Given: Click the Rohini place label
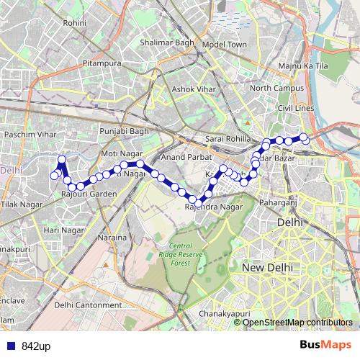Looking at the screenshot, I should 74,23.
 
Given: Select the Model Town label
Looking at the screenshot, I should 224,44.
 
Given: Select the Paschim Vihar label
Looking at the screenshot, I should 30,135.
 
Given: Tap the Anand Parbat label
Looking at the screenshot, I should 184,156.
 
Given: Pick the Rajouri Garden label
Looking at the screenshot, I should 89,194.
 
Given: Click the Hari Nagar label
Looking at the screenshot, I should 63,230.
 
